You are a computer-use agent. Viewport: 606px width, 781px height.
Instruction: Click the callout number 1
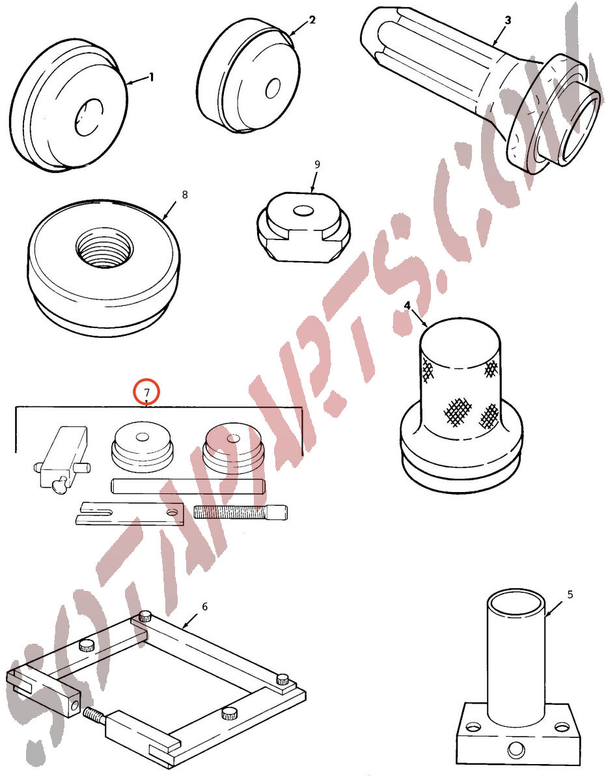click(152, 77)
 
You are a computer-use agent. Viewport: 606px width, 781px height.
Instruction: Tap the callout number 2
click(312, 20)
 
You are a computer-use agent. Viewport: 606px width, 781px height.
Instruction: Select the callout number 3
click(508, 20)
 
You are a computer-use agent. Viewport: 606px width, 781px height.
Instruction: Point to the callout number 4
click(407, 305)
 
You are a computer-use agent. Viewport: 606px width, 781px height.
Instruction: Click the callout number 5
click(570, 594)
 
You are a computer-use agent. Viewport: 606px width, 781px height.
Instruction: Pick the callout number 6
click(205, 607)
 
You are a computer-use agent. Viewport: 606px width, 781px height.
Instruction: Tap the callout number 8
click(185, 195)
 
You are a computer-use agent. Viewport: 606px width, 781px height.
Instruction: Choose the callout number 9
click(317, 164)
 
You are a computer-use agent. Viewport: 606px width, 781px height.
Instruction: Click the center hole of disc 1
click(89, 118)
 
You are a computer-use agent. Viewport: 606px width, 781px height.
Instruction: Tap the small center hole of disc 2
click(273, 89)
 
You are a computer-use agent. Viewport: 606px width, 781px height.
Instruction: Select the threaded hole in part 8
click(105, 247)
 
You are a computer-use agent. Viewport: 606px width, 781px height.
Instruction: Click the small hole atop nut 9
click(303, 211)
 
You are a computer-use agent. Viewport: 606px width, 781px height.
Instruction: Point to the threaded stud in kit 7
click(240, 512)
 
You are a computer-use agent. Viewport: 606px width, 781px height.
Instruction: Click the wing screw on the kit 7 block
click(59, 485)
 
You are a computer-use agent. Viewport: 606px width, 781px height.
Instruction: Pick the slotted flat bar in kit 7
click(130, 514)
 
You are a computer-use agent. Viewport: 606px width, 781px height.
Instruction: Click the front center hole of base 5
click(516, 750)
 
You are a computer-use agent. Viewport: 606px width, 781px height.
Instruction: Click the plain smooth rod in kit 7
click(188, 487)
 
